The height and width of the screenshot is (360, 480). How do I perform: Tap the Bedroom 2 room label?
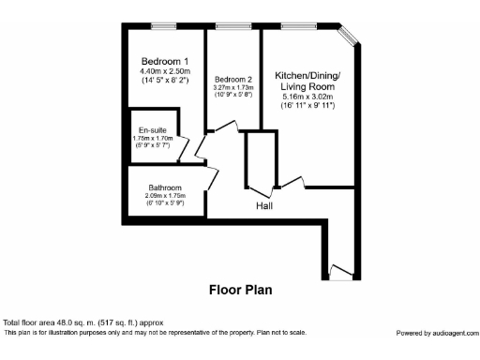pos(233,80)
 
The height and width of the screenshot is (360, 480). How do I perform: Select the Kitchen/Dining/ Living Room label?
pos(307,81)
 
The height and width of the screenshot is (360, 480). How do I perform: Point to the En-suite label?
pos(152,130)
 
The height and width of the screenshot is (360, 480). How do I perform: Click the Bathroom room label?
pos(165,187)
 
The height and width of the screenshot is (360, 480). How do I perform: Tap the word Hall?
pos(265,205)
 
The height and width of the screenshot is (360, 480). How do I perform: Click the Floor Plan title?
pos(240,290)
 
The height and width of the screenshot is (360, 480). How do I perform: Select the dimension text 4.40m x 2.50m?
pos(165,71)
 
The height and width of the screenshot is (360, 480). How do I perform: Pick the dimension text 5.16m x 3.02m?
pos(308,97)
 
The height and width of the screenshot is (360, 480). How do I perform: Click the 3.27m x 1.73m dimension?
pos(233,87)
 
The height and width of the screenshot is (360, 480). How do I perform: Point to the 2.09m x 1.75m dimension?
pos(165,195)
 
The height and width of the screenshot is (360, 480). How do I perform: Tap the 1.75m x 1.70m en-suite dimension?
pos(153,138)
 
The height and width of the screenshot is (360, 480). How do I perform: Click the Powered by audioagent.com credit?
pos(435,332)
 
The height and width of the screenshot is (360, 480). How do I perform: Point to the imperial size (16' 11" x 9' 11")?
pos(308,105)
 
